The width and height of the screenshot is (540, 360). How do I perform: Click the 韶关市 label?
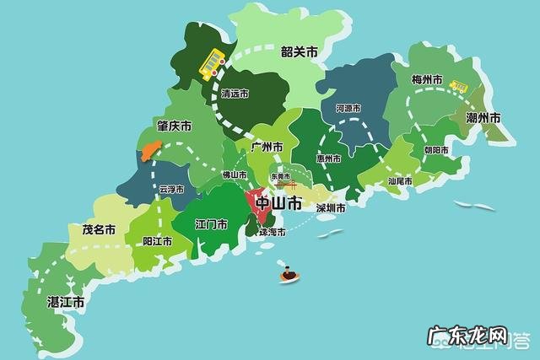[x=300, y=52]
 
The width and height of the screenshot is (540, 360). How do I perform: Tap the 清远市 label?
[x=234, y=95]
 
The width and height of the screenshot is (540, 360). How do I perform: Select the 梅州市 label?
[x=427, y=80]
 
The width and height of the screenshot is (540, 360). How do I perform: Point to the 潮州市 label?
[x=483, y=117]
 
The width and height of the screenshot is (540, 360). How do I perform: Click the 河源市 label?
[x=348, y=109]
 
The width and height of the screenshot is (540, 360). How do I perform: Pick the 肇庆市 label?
[x=174, y=126]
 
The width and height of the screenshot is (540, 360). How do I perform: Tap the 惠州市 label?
[x=328, y=159]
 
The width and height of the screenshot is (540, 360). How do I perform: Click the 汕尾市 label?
[x=400, y=180]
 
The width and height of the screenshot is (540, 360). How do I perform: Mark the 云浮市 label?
[x=170, y=191]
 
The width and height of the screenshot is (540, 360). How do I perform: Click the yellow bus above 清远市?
[x=211, y=62]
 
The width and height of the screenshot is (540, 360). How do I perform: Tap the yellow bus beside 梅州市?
[x=459, y=86]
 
